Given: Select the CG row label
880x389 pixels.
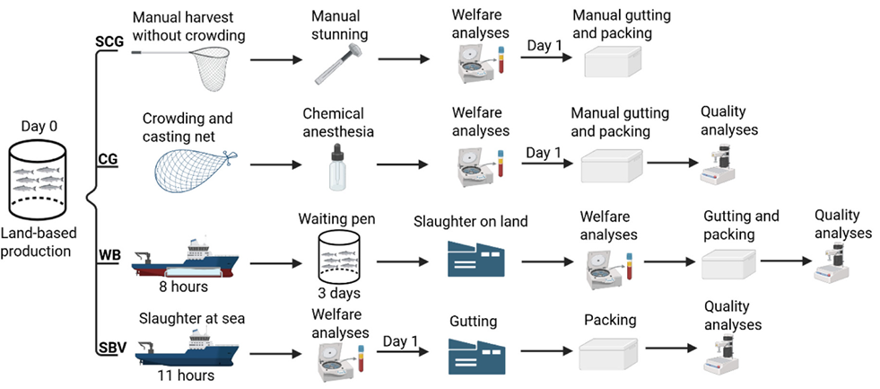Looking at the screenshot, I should (x=107, y=160).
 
